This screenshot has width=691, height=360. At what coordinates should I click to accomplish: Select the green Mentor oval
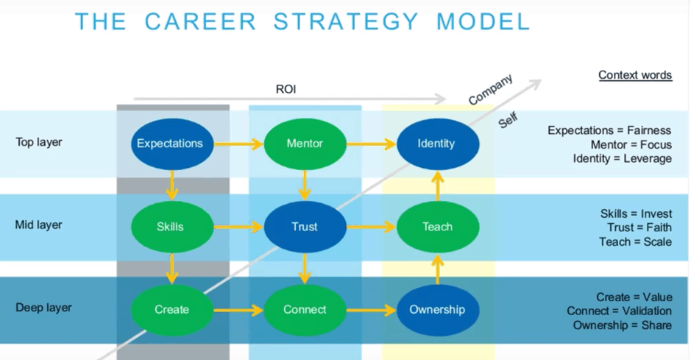304,144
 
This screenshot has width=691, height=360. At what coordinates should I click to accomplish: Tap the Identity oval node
437,144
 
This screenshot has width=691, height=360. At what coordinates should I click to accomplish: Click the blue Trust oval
304,227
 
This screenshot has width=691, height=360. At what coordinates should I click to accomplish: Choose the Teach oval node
437,227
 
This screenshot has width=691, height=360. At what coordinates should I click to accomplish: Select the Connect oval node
304,310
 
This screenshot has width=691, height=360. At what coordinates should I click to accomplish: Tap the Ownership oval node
437,310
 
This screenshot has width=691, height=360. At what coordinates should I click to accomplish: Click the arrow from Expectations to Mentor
238,144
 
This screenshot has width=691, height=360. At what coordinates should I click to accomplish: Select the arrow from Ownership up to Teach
438,269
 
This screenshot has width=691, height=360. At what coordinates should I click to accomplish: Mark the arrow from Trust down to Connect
305,269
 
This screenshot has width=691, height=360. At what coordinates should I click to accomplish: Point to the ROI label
286,90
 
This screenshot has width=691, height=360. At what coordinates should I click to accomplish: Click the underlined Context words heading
634,75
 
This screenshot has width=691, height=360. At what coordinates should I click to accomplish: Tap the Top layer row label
39,142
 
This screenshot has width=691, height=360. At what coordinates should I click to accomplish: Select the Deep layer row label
41,308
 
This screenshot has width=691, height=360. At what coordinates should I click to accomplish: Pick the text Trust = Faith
639,227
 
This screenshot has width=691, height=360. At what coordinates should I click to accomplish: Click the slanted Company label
491,90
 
